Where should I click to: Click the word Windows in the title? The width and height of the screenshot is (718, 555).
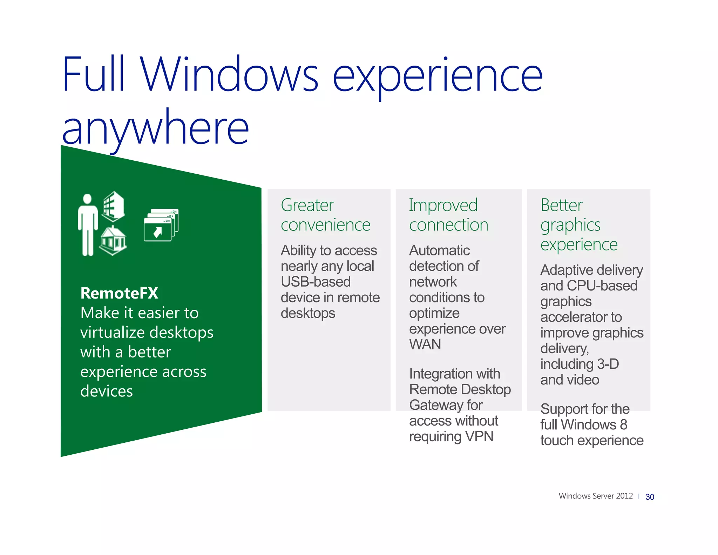pyautogui.click(x=230, y=74)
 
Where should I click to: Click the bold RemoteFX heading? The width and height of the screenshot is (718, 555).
pyautogui.click(x=119, y=293)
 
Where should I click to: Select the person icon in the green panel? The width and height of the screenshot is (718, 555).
pyautogui.click(x=87, y=225)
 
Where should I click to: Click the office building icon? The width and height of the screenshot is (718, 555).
pyautogui.click(x=113, y=206)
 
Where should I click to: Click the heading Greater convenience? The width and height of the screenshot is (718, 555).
pyautogui.click(x=325, y=215)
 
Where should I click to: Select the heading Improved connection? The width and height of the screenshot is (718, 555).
pyautogui.click(x=448, y=215)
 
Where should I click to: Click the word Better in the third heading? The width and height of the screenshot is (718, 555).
pyautogui.click(x=561, y=205)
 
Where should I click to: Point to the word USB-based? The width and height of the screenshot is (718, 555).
pyautogui.click(x=316, y=282)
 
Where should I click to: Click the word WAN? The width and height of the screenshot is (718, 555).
pyautogui.click(x=425, y=344)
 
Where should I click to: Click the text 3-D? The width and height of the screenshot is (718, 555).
pyautogui.click(x=608, y=364)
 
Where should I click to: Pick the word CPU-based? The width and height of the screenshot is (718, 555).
pyautogui.click(x=602, y=286)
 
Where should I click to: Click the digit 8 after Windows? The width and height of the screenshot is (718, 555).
pyautogui.click(x=623, y=424)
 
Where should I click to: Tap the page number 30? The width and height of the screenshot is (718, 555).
pyautogui.click(x=650, y=497)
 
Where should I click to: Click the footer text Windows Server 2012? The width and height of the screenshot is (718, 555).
pyautogui.click(x=595, y=496)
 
